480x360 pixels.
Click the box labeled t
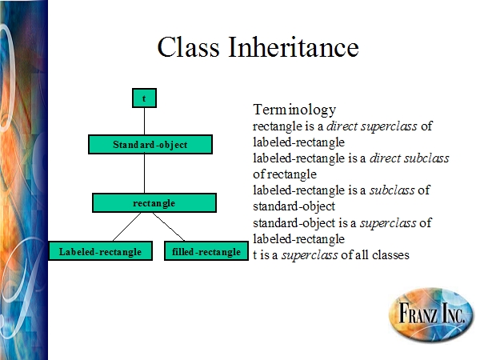[144, 98]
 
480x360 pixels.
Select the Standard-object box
[150, 144]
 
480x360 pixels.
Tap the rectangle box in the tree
[154, 202]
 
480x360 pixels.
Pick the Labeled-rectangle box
[101, 251]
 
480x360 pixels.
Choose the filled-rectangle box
[206, 251]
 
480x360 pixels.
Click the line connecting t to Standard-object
[144, 122]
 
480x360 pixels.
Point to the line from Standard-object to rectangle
[144, 174]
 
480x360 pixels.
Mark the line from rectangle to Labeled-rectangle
[126, 227]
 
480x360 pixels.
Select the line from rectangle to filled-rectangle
[169, 227]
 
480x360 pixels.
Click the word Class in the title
[188, 47]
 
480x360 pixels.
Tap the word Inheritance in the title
[294, 47]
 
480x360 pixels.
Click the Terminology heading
[294, 110]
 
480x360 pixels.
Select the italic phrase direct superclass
[372, 126]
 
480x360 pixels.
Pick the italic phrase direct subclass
[410, 158]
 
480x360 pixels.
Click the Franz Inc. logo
[431, 314]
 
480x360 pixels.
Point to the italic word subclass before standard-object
[392, 190]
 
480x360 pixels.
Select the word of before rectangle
[259, 174]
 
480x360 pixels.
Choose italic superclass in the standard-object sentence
[388, 223]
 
